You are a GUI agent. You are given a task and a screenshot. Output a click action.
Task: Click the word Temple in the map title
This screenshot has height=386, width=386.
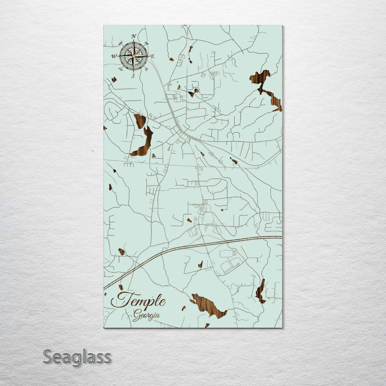click(x=138, y=300)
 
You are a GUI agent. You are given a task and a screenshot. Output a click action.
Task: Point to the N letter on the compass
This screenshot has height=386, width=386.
click(x=134, y=36)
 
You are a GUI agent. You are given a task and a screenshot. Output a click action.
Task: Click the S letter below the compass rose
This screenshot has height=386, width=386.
click(x=133, y=76)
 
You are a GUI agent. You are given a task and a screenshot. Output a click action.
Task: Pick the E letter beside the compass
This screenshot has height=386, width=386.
click(x=152, y=56)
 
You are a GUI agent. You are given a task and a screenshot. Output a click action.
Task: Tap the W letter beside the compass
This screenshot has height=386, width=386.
click(x=114, y=56)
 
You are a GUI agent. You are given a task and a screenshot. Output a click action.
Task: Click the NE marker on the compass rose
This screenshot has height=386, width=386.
click(x=147, y=44)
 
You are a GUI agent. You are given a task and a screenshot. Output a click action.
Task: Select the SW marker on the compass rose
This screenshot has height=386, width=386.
click(x=120, y=69)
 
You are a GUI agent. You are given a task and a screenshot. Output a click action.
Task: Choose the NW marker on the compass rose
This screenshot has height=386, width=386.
click(x=120, y=44)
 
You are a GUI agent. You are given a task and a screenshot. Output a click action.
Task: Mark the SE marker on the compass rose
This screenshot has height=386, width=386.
click(x=147, y=69)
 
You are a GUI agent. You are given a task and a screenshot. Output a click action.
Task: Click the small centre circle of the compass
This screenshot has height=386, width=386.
click(x=133, y=56)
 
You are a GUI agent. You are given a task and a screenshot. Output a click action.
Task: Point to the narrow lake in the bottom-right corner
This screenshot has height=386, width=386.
click(x=260, y=291)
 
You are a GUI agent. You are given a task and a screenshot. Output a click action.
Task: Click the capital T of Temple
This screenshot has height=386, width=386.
click(x=120, y=300)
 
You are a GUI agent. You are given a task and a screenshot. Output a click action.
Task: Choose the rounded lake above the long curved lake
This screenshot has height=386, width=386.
click(x=140, y=121)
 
